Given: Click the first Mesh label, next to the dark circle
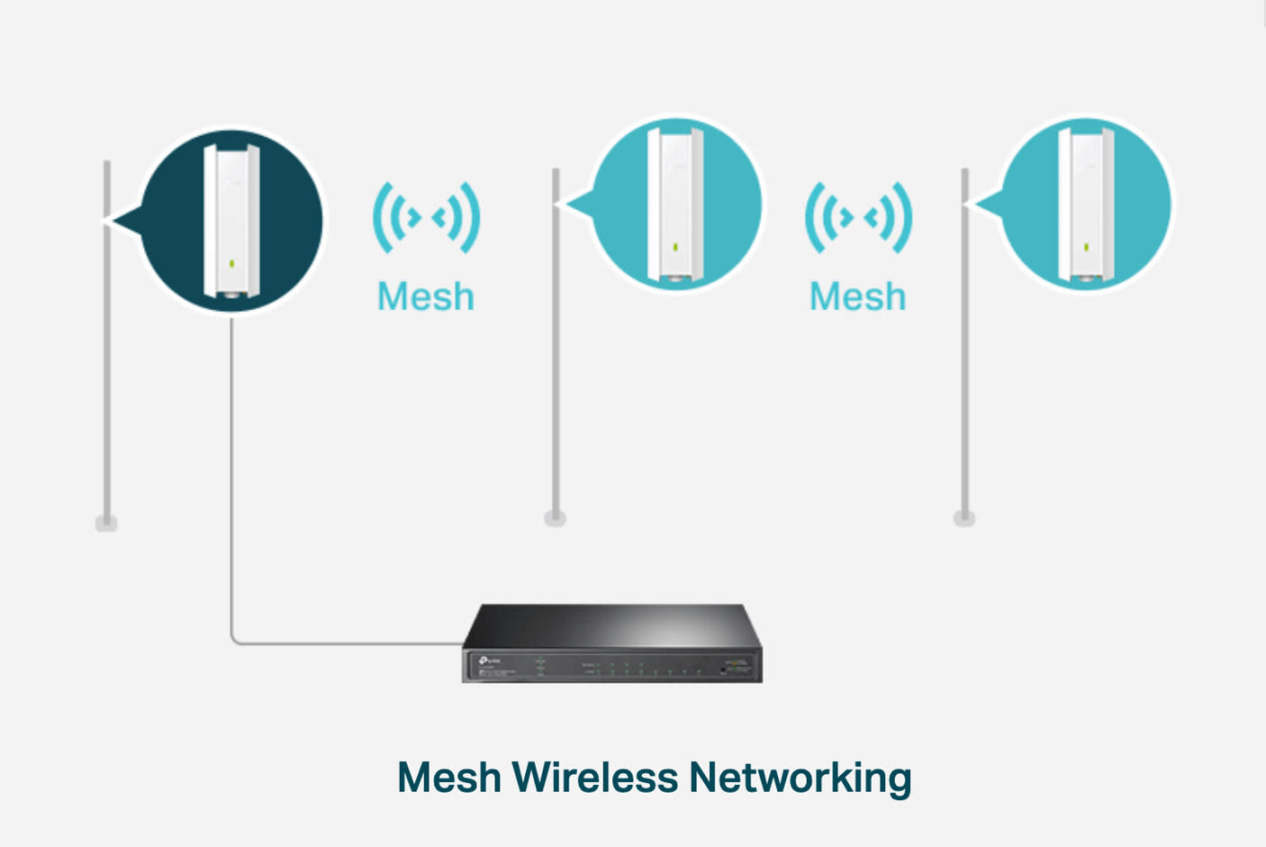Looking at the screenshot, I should pos(425,296).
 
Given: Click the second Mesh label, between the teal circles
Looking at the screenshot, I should pos(857,296).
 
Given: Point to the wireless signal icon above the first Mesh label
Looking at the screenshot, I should pos(426,217).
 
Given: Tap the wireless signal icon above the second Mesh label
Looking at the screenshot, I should pos(858,217).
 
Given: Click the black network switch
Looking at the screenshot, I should pos(612,643).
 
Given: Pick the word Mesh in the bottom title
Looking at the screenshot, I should pos(448,777).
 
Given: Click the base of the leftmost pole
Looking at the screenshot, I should pos(106,523).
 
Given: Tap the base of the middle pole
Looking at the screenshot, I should pos(555,518).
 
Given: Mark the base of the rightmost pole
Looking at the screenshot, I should pos(964,518).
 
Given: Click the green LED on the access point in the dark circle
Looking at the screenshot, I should pos(232,263).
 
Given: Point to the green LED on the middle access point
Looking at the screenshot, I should pos(675,246).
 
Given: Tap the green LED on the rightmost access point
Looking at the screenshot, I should pos(1086,246).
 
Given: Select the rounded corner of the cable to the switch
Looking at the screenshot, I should pos(236,640).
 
